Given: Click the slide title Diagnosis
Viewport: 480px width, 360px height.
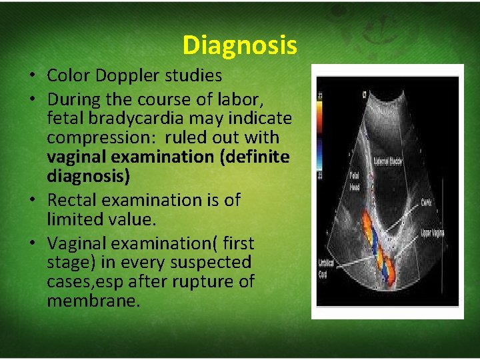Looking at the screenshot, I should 239,45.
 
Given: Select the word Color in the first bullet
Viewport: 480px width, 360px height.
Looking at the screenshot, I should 69,75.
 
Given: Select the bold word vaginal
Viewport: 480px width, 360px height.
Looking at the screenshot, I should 73,157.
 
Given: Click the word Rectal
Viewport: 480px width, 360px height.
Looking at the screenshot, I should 74,200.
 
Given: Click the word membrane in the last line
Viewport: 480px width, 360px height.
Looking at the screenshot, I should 93,301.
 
